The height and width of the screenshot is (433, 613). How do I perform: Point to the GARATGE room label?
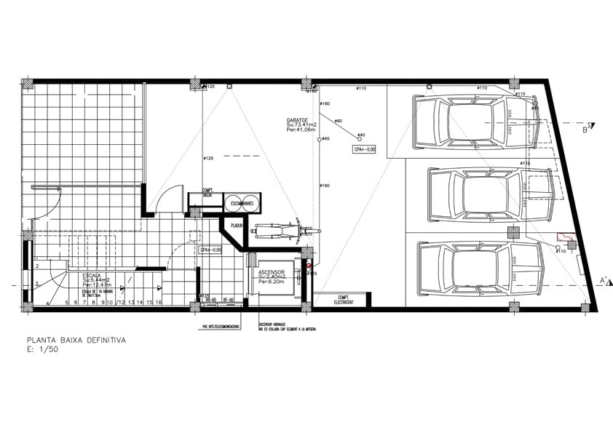297,120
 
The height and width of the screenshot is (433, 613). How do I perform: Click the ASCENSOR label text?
272,270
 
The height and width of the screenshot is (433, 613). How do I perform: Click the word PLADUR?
237,226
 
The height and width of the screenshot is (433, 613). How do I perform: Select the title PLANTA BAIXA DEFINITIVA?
76,340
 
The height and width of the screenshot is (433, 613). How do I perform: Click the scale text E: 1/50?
44,349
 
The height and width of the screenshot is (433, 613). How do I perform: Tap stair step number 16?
158,301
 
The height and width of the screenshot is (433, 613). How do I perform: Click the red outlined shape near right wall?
565,237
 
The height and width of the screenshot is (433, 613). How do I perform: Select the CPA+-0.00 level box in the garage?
363,149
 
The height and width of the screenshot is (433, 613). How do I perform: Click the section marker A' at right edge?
604,281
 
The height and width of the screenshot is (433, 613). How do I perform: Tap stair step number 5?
67,301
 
